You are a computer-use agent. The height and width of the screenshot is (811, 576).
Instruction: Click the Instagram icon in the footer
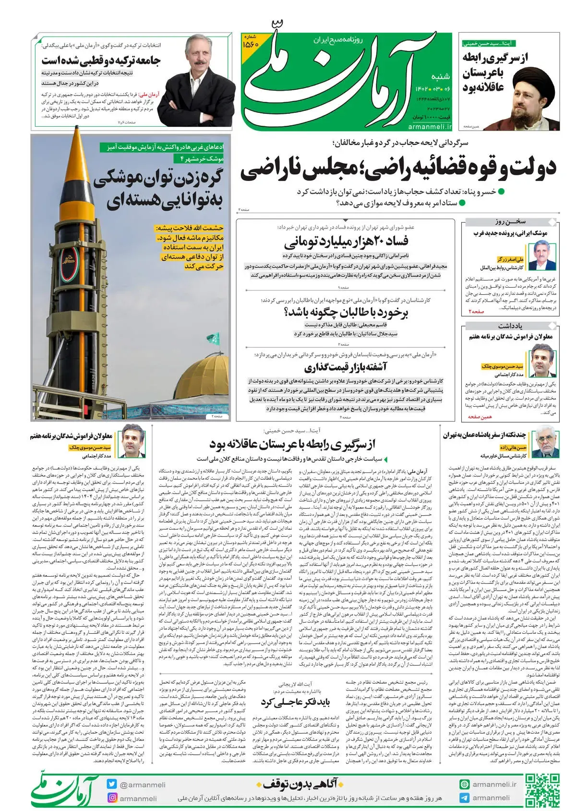coord(112,798)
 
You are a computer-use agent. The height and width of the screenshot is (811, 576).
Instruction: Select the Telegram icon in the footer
coord(464,798)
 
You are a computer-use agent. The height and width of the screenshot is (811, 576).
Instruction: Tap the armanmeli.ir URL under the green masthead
coord(430,127)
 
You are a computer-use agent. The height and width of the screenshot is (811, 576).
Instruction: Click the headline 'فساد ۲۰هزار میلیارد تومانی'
coord(346,241)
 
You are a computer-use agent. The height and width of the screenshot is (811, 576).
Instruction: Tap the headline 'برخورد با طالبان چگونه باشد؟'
coord(346,313)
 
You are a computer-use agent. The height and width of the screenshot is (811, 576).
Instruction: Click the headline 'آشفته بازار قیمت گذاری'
coord(346,368)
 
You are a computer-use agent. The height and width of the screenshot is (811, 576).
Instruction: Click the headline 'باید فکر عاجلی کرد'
coord(296,702)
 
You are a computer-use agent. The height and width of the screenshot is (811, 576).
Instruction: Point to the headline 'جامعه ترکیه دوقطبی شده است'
coord(101,61)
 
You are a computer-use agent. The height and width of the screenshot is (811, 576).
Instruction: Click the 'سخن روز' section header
coord(511,222)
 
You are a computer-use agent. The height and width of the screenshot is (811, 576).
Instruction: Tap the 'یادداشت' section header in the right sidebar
coord(511,326)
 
